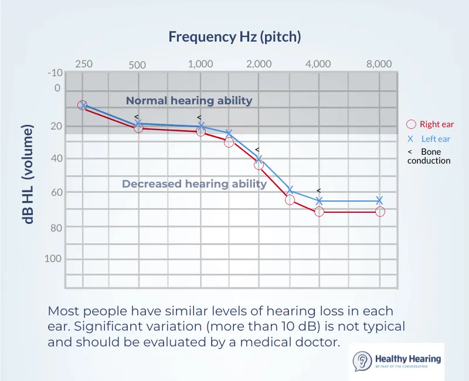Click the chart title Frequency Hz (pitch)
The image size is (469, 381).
coord(235,37)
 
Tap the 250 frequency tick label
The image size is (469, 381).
coord(84,64)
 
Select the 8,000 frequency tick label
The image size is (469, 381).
coord(379,64)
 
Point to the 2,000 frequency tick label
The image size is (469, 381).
coord(259,64)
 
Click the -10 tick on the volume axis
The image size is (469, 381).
coord(55,73)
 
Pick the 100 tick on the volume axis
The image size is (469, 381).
coord(54,258)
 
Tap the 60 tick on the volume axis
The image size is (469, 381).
coord(57,192)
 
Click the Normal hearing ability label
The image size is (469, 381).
coord(189,100)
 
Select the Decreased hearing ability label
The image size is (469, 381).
coord(194,184)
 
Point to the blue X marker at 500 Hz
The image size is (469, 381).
coord(138,124)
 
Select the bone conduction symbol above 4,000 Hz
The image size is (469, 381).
coord(318,190)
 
